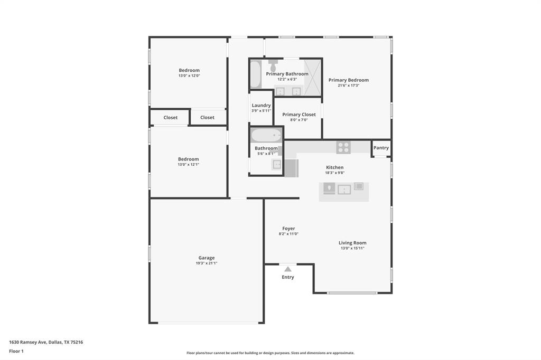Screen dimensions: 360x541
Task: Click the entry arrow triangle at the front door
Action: point(288,269)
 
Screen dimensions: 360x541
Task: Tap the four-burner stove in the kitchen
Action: point(343,147)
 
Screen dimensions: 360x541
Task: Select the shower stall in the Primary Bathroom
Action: point(313,77)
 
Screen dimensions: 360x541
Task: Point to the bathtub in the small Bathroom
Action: point(266,135)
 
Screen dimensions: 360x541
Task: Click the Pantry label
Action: point(381,148)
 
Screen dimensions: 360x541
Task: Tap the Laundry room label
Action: point(261,106)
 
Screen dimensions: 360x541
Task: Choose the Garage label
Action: point(207,258)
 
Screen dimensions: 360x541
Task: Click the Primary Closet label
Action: point(299,115)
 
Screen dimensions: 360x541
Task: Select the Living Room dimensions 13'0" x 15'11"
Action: point(352,248)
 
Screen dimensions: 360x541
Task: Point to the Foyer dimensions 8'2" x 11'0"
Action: point(288,234)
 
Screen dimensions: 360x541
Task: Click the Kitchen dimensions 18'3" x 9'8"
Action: point(334,173)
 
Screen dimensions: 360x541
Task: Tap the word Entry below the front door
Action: point(288,277)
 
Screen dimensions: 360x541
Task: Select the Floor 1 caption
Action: point(16,351)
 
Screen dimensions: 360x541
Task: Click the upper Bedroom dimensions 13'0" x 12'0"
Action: point(189,75)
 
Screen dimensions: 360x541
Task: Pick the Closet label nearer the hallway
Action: point(207,118)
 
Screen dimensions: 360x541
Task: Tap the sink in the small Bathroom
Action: point(277,164)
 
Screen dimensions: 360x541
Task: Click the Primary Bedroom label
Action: point(349,80)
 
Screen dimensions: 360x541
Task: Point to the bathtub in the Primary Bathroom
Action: point(255,74)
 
